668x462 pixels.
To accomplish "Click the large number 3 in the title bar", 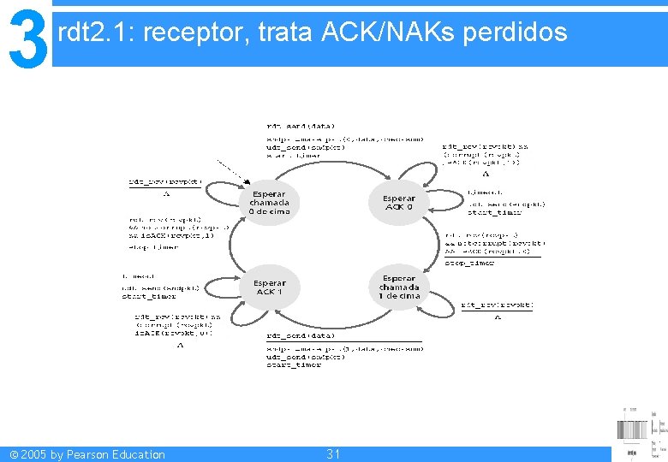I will [27, 38].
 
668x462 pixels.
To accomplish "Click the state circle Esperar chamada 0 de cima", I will [270, 203].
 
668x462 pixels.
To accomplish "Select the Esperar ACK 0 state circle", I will [399, 203].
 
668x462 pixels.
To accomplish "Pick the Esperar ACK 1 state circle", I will [270, 287].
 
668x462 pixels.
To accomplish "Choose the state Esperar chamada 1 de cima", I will [399, 287].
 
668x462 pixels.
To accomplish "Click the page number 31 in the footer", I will [333, 454].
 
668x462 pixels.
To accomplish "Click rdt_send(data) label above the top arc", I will [301, 126].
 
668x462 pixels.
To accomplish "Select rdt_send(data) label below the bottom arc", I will [301, 335].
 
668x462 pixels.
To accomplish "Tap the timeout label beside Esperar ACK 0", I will [485, 192].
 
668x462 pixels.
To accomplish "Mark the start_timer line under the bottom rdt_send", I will [294, 365].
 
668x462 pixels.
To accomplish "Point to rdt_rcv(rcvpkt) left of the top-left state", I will [165, 181].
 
